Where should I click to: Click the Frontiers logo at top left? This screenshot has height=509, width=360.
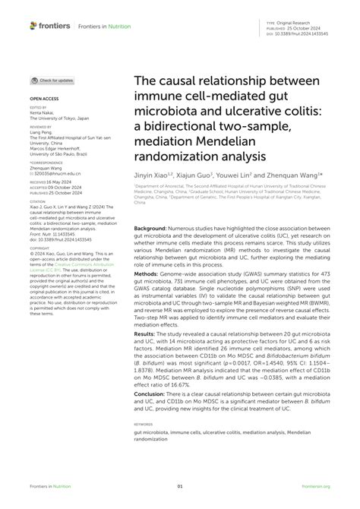[49, 26]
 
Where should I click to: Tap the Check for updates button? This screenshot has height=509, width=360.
[52, 80]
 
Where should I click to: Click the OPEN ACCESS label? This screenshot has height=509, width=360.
[43, 99]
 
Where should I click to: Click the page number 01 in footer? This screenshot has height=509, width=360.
[180, 486]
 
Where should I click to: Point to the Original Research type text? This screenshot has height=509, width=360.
[311, 23]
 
